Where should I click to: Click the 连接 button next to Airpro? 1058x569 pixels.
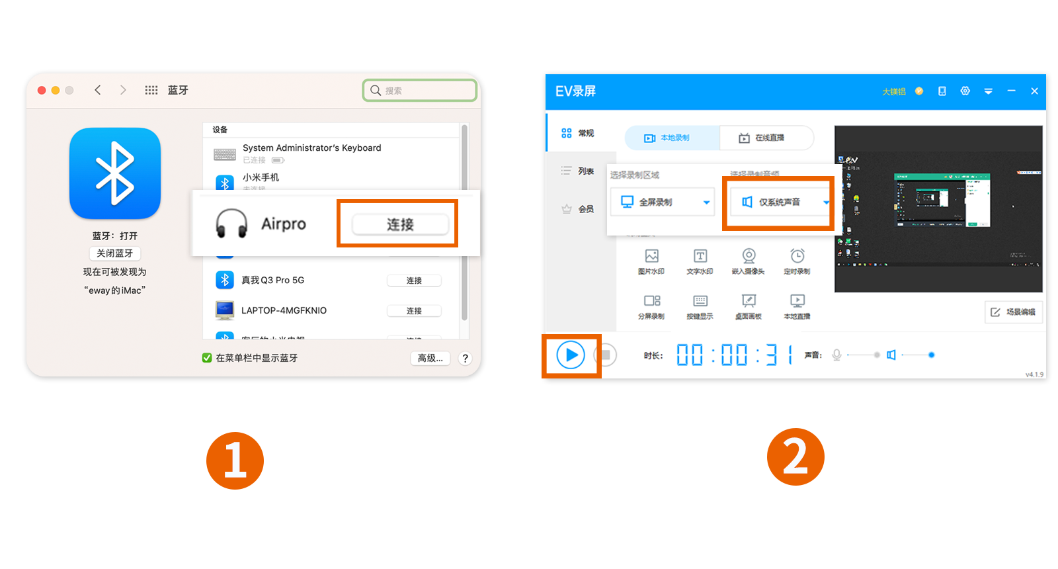tap(400, 224)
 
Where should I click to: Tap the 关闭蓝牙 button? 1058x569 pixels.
tap(115, 253)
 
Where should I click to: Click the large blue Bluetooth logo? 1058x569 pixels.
tap(115, 173)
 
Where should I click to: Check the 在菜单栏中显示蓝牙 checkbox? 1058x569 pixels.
tap(207, 358)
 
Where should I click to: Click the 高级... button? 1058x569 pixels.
tap(430, 358)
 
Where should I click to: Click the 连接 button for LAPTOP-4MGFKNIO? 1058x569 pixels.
tap(414, 311)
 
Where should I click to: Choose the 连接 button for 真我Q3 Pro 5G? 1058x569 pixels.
tap(414, 281)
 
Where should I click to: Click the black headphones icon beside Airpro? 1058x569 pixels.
tap(231, 224)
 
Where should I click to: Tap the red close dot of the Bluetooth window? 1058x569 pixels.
tap(42, 90)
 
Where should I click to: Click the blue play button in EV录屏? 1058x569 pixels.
tap(570, 355)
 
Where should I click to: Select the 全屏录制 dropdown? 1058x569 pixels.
tap(662, 202)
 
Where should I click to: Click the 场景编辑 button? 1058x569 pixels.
tap(1014, 312)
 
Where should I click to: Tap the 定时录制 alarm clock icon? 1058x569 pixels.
tap(797, 256)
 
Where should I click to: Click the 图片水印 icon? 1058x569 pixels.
tap(651, 256)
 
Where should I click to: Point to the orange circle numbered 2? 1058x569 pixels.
tap(795, 457)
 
